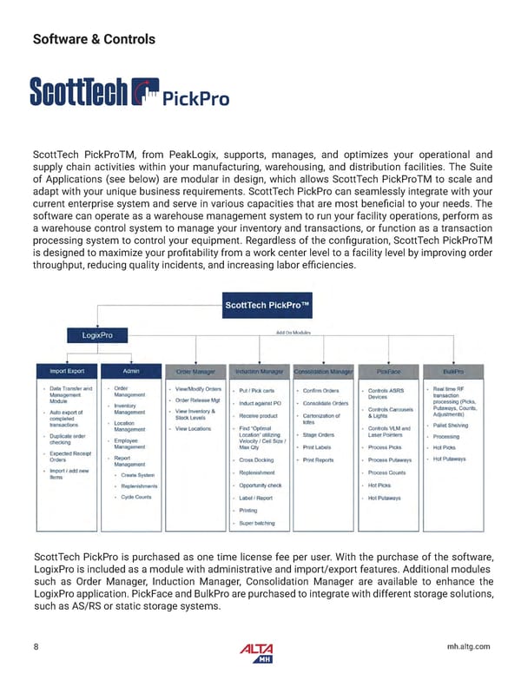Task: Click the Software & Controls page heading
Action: click(x=94, y=39)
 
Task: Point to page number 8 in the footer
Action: click(x=36, y=645)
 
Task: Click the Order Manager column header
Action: click(x=195, y=372)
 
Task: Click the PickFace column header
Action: click(x=387, y=372)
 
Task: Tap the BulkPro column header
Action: click(x=452, y=372)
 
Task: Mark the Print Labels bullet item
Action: click(x=318, y=447)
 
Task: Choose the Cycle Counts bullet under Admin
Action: click(x=136, y=497)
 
